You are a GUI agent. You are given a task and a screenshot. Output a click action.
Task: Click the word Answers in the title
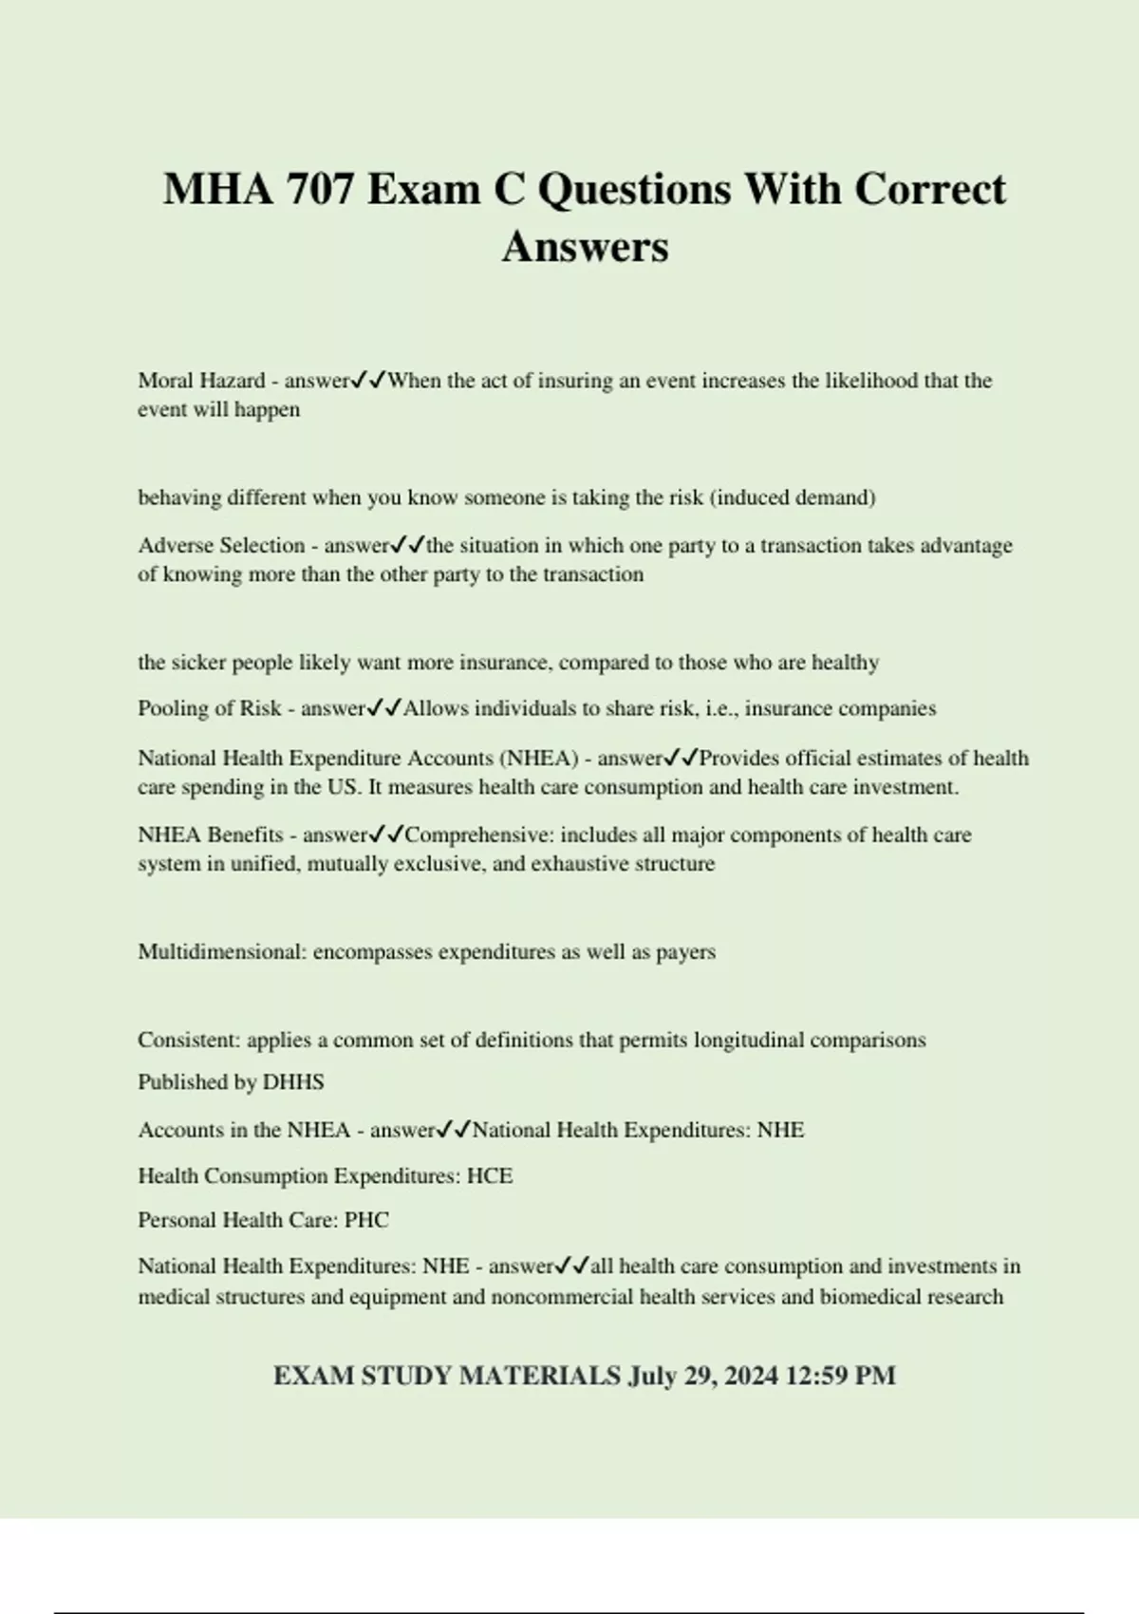tap(585, 247)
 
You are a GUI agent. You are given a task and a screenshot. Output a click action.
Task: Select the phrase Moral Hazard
tap(201, 381)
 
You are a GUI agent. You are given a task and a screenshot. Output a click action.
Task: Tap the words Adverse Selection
tap(221, 546)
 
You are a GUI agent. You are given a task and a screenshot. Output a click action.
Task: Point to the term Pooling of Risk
tap(210, 708)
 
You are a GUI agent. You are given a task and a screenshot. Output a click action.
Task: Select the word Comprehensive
tap(478, 835)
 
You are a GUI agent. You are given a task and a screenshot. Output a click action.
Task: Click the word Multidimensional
tap(221, 952)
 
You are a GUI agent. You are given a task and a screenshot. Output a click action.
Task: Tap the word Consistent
tap(187, 1040)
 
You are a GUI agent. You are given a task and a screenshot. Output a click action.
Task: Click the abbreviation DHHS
tap(293, 1082)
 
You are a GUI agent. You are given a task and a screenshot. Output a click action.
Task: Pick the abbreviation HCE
tap(490, 1176)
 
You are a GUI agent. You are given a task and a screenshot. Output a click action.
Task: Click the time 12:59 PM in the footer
tap(841, 1377)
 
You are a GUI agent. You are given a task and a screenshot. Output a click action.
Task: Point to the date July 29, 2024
tap(703, 1377)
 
